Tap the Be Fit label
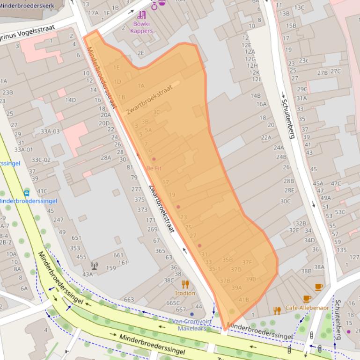coord(154,168)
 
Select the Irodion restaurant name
coord(185,293)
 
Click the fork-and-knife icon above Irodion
coord(185,284)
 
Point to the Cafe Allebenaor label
coord(307,308)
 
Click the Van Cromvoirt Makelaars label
coord(191,325)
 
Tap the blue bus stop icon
coord(27,193)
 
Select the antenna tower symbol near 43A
coord(95,266)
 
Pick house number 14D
coord(70,100)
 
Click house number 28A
coord(106,158)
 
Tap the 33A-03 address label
coord(50,131)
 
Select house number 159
coord(110,268)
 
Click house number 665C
coord(173,302)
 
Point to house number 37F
coord(247,262)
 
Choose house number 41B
coord(243,300)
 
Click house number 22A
coord(266,137)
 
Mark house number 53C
coord(339,212)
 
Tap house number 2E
coord(141,53)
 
